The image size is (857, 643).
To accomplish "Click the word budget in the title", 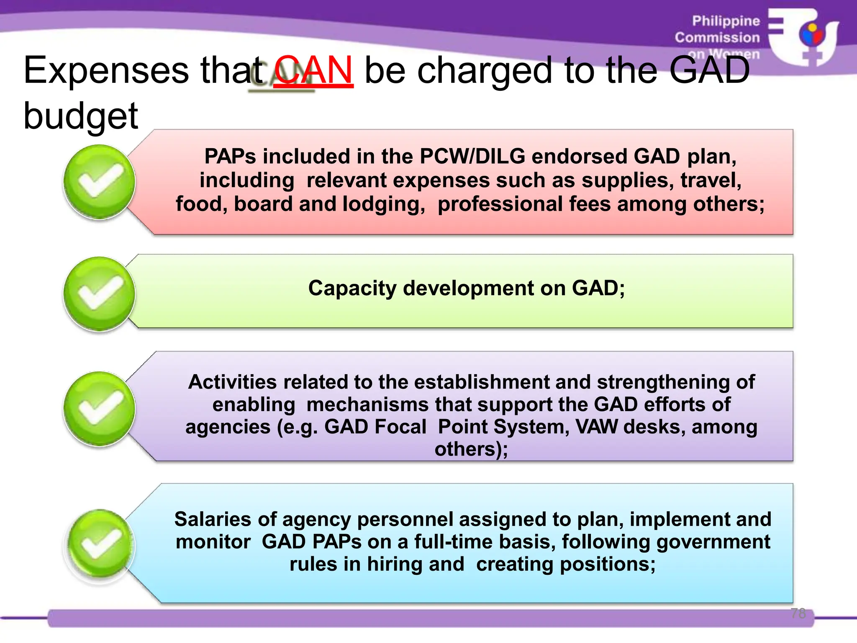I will tap(81, 116).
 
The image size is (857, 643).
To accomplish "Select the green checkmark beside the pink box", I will tap(100, 182).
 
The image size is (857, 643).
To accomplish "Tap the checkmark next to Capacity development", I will tap(100, 293).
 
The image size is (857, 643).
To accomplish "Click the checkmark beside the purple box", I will tap(100, 408).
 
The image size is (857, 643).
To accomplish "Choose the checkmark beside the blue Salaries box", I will tap(100, 545).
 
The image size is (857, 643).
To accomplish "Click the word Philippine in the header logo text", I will tap(726, 21).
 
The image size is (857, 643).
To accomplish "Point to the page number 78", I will tap(798, 613).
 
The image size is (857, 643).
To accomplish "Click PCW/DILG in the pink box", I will tap(472, 157).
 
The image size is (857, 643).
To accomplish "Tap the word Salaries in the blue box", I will tap(213, 520).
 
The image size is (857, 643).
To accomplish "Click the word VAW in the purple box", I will tap(596, 427).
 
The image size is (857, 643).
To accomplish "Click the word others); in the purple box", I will tap(471, 450).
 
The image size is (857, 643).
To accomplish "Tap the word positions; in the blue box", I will tap(608, 564).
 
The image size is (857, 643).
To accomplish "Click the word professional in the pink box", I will tap(500, 204).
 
